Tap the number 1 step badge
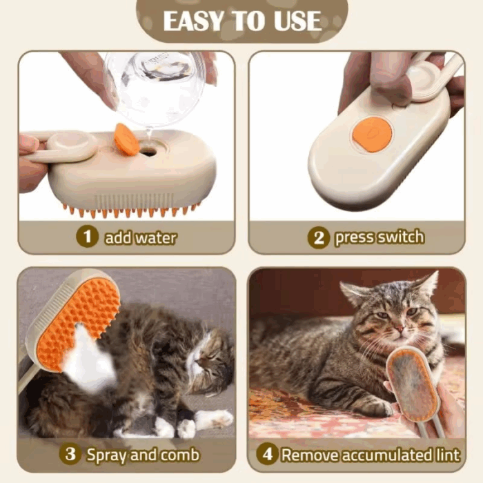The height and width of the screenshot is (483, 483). tap(87, 237)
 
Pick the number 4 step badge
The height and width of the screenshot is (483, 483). tap(266, 455)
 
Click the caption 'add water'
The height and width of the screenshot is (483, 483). tap(140, 238)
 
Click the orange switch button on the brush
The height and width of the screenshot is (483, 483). tap(372, 134)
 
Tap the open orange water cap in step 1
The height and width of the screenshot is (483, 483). tap(126, 139)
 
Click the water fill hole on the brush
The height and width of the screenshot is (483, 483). tap(148, 150)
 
